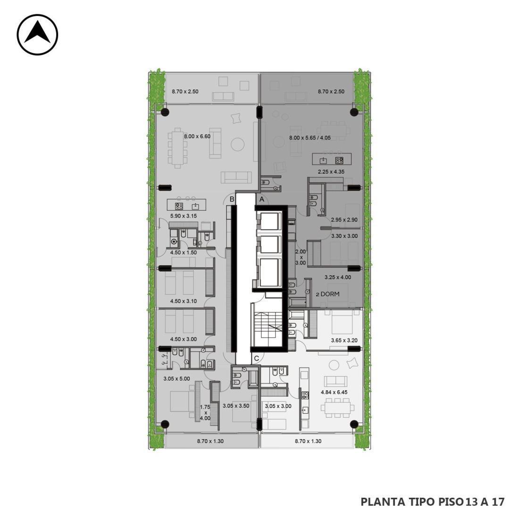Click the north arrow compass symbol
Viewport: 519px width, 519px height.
(37, 34)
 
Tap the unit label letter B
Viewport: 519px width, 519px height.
(232, 199)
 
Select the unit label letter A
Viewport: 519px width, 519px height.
(262, 199)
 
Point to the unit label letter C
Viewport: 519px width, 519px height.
(257, 359)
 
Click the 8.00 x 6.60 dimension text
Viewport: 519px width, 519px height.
(197, 136)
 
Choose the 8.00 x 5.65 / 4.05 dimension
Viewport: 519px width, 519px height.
(310, 138)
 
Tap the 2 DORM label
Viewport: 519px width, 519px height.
(327, 294)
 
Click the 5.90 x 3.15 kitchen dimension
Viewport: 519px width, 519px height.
(184, 216)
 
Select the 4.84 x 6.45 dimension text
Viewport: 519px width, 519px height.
(335, 392)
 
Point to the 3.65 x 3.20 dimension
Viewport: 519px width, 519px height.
(344, 340)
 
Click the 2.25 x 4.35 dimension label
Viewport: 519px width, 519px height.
(331, 172)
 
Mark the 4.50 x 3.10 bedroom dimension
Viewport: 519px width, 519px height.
(184, 301)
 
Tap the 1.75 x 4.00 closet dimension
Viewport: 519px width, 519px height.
(205, 413)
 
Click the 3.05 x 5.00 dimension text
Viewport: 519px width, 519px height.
(177, 379)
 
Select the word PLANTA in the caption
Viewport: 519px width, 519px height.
(378, 502)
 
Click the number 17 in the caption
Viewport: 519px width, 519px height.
(498, 502)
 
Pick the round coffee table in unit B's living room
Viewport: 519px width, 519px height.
(238, 144)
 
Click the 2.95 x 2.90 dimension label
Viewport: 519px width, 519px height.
(344, 219)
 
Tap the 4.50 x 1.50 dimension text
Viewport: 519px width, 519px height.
(184, 252)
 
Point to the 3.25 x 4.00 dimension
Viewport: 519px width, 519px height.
(338, 277)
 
